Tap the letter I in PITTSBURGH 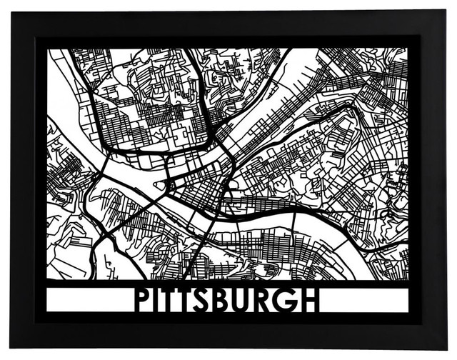[x=161, y=300]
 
